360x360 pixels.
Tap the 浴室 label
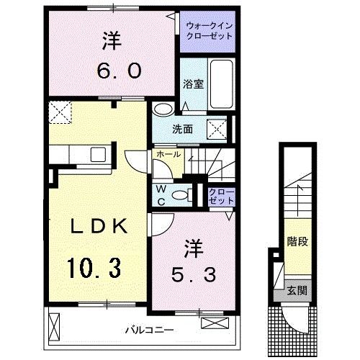(x=194, y=83)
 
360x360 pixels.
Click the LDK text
(x=99, y=227)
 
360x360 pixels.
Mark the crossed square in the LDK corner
(x=60, y=112)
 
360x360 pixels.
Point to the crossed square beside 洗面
(x=217, y=129)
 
